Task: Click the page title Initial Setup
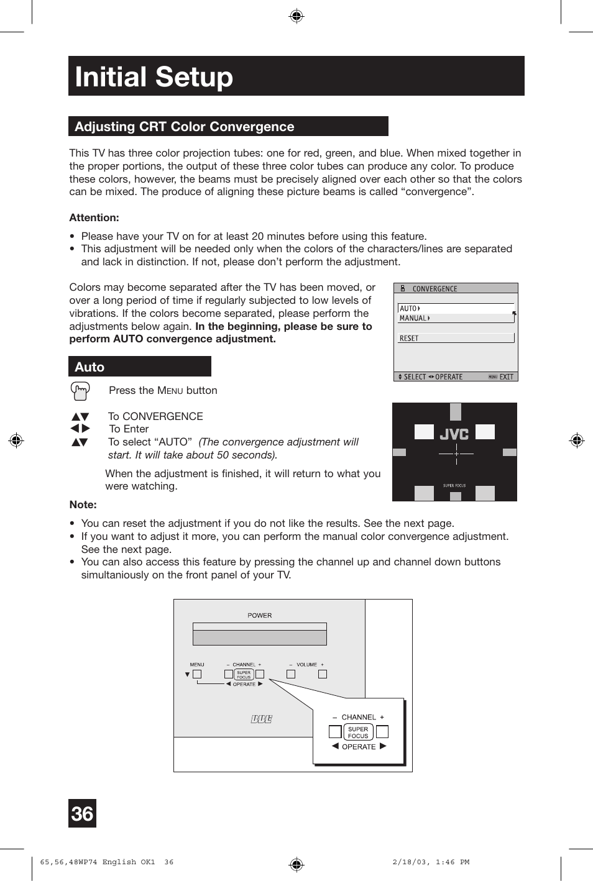click(154, 77)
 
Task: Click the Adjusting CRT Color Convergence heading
click(184, 127)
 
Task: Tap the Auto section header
click(90, 367)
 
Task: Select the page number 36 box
click(82, 813)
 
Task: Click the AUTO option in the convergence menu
click(409, 308)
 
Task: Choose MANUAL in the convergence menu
click(414, 318)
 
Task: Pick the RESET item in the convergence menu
click(409, 339)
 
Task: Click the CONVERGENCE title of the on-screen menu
click(434, 289)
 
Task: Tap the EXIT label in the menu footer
click(506, 377)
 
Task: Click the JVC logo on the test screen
click(454, 434)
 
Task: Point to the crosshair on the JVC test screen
click(456, 454)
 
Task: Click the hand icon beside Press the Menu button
click(80, 391)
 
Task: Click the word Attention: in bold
click(94, 218)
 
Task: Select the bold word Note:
click(83, 505)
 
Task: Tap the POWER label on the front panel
click(259, 616)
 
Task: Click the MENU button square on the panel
click(197, 674)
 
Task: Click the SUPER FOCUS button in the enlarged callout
click(358, 732)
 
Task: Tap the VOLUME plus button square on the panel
click(322, 674)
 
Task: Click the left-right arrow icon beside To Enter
click(80, 429)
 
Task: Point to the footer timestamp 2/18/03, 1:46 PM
click(431, 862)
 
